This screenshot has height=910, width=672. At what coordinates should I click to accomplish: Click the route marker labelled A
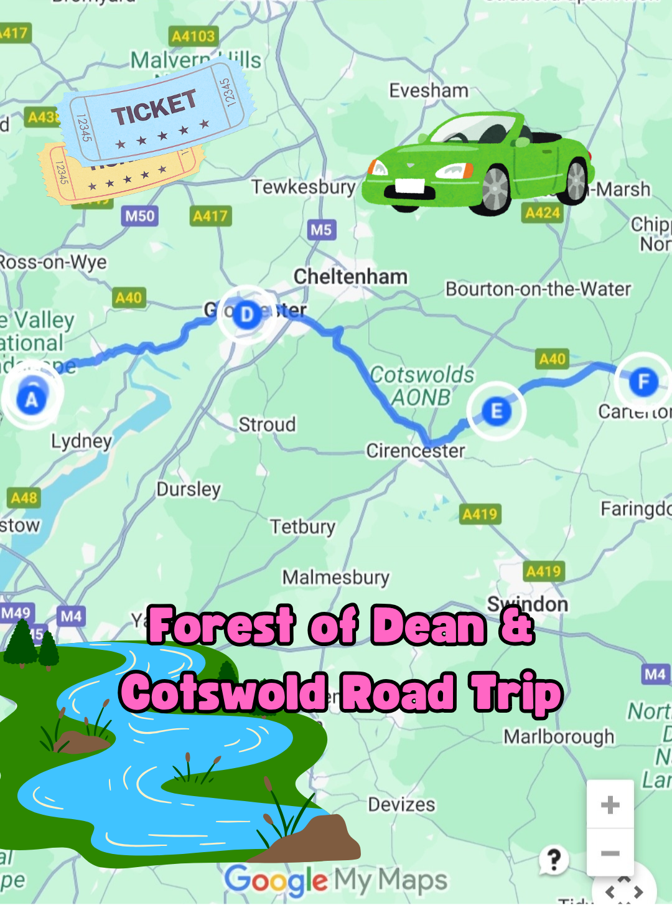pyautogui.click(x=31, y=399)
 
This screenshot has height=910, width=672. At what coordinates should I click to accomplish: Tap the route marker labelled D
pyautogui.click(x=247, y=315)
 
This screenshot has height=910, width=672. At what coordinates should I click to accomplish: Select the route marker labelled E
pyautogui.click(x=497, y=411)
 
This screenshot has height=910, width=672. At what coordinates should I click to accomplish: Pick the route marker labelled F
pyautogui.click(x=643, y=381)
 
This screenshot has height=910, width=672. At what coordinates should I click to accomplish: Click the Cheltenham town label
pyautogui.click(x=350, y=276)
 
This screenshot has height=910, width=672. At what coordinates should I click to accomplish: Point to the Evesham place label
pyautogui.click(x=429, y=91)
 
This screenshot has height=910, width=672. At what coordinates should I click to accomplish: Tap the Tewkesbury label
pyautogui.click(x=304, y=187)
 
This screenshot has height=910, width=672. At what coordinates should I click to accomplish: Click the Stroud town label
pyautogui.click(x=267, y=425)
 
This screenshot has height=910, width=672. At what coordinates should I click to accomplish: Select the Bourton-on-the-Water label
pyautogui.click(x=538, y=289)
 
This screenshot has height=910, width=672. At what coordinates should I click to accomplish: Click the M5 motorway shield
pyautogui.click(x=321, y=230)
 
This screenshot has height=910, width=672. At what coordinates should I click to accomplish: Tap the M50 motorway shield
pyautogui.click(x=139, y=216)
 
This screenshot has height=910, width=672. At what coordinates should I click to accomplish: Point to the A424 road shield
pyautogui.click(x=543, y=213)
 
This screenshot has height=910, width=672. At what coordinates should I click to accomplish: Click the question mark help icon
pyautogui.click(x=553, y=860)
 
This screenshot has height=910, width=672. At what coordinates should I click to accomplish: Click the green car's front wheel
pyautogui.click(x=495, y=188)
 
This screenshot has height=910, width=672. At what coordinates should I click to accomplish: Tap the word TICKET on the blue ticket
pyautogui.click(x=154, y=106)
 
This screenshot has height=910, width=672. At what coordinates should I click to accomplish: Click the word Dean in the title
pyautogui.click(x=429, y=626)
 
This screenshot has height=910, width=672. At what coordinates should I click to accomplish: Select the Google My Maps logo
pyautogui.click(x=335, y=880)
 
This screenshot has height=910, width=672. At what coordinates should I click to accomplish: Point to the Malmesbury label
pyautogui.click(x=336, y=578)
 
